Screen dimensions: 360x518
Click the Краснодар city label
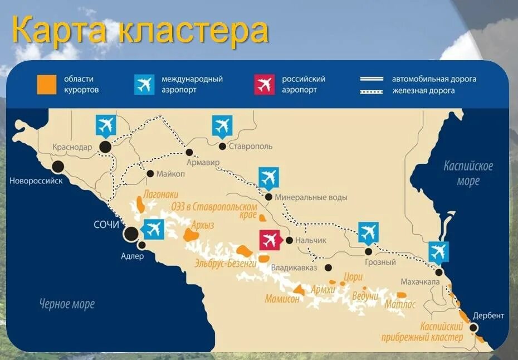[x=72, y=147]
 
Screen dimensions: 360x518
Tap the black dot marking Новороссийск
[x=57, y=166]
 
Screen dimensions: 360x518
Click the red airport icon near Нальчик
[x=270, y=240]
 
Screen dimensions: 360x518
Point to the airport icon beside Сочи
[x=153, y=228]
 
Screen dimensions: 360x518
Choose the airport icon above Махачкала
[x=438, y=252]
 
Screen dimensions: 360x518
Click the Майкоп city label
[x=170, y=173]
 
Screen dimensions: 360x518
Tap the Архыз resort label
[x=203, y=225]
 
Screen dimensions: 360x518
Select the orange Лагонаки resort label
[x=160, y=195]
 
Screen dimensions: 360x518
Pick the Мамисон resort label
[x=282, y=298]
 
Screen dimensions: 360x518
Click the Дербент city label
[x=488, y=315]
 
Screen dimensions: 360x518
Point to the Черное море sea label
[x=67, y=304]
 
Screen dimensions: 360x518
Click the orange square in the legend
[x=47, y=84]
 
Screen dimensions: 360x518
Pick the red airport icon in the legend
[x=264, y=84]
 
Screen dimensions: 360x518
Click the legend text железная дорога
[x=423, y=90]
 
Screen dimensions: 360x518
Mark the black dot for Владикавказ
[x=329, y=267]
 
